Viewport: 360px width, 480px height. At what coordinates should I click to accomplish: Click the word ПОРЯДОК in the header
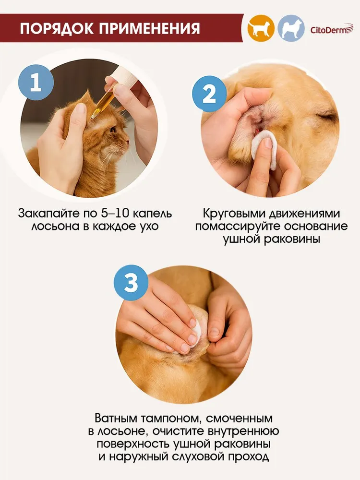tap(57, 28)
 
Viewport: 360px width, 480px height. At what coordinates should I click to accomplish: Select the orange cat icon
tap(261, 28)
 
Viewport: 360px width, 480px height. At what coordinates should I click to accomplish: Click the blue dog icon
tap(291, 28)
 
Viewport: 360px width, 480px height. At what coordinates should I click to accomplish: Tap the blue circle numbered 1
tap(36, 83)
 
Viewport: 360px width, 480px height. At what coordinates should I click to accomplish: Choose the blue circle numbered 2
tap(209, 94)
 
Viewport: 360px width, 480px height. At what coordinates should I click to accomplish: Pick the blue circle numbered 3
tap(132, 282)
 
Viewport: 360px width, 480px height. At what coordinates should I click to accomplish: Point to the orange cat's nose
tap(127, 142)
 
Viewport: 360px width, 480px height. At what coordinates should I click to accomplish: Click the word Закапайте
tap(48, 214)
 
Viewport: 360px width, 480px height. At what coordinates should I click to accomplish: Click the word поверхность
tap(133, 444)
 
